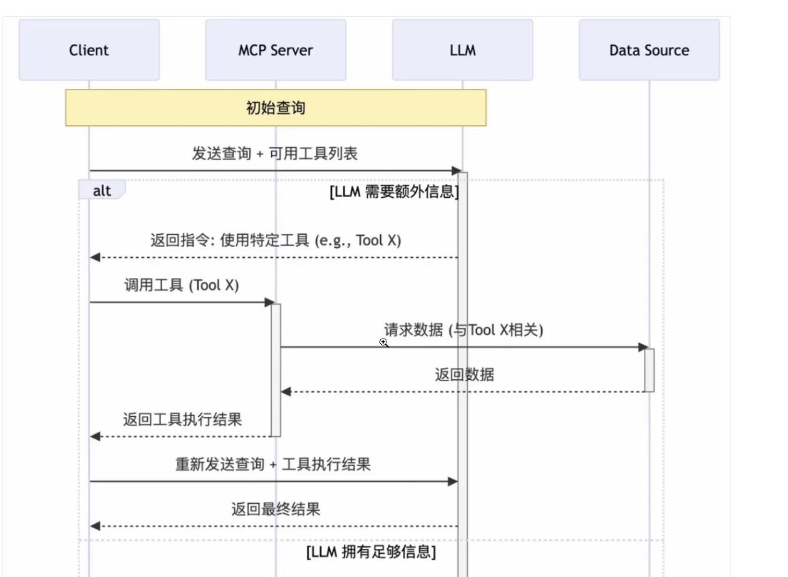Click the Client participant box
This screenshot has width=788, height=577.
tap(89, 50)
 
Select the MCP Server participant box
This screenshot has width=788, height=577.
tap(276, 50)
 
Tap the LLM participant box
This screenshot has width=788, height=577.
tap(463, 50)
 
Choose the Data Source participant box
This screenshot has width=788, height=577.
tap(649, 50)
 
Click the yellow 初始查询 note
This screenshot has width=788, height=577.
tap(276, 108)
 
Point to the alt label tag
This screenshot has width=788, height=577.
tap(101, 190)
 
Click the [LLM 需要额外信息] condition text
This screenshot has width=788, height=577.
tap(394, 191)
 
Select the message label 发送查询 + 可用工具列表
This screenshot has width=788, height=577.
tap(274, 154)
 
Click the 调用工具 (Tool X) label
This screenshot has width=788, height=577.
tap(181, 285)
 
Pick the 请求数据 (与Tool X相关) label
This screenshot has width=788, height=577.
tap(464, 330)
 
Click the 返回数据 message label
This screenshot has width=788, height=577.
tap(464, 375)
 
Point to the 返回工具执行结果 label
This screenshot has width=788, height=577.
tap(182, 419)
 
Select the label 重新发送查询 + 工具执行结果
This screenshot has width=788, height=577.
tap(273, 464)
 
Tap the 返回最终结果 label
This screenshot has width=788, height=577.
tap(276, 509)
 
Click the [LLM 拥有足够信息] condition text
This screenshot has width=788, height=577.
tap(371, 552)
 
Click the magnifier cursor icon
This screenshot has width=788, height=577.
tap(383, 342)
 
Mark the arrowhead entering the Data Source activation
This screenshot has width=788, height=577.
tap(643, 347)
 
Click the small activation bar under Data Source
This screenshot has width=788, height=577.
tap(650, 370)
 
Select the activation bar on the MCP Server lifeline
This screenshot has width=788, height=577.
tap(276, 370)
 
